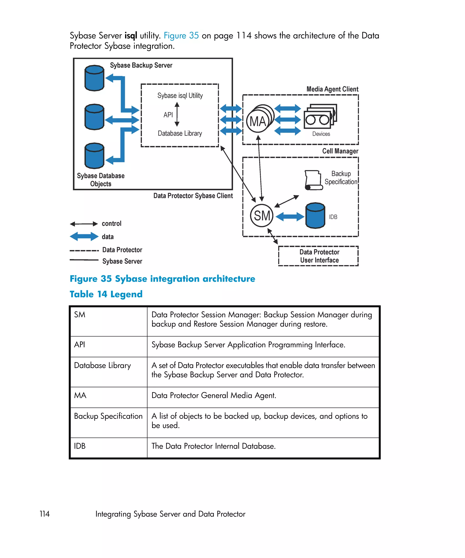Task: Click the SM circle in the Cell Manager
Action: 262,215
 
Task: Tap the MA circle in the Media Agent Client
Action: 257,121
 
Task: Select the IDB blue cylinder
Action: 315,215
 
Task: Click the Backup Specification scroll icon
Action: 314,180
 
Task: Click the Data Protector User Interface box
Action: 318,256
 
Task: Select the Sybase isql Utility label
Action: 180,96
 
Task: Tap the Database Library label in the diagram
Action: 180,133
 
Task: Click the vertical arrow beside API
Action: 177,114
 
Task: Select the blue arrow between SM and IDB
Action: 290,217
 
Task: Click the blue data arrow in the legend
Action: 84,236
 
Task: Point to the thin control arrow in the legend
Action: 84,224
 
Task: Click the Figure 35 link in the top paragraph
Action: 181,36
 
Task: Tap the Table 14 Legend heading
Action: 106,294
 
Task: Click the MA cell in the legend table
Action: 80,395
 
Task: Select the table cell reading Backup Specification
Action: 108,416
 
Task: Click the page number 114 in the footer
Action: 45,514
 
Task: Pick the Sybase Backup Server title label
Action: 141,65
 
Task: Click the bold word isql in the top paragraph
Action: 131,36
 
